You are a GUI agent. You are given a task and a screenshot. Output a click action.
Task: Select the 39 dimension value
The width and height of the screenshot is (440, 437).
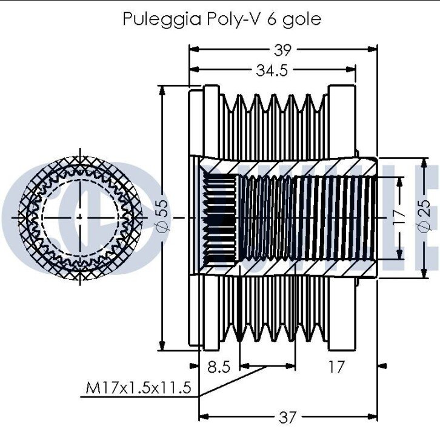[x=282, y=50]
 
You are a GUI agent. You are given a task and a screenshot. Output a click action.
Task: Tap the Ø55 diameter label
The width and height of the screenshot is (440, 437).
[x=161, y=217]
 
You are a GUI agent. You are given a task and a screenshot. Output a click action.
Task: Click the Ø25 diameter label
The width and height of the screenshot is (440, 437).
[x=425, y=216]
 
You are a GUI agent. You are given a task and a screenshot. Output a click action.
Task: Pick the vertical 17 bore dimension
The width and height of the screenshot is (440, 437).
[x=398, y=217]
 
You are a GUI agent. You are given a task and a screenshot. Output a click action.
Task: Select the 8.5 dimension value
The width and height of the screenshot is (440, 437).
[x=218, y=367]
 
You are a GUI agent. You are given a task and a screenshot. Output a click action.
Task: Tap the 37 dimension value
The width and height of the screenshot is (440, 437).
[x=288, y=417]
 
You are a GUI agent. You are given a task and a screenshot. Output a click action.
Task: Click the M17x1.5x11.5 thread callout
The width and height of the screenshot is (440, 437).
[x=138, y=387]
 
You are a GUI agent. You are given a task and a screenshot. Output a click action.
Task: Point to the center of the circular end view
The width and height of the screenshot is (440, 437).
[x=81, y=217]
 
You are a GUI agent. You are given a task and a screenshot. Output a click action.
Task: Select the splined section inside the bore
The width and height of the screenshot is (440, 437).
[x=219, y=217]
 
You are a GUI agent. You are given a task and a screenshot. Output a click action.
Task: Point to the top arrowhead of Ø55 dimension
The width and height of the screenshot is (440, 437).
[x=162, y=89]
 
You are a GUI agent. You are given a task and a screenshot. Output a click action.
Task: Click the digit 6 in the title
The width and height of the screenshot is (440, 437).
[x=272, y=18]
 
